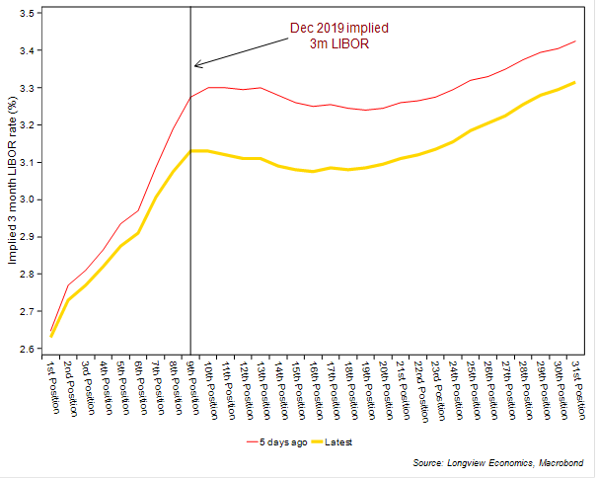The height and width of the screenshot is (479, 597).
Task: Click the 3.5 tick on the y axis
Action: [x=28, y=13]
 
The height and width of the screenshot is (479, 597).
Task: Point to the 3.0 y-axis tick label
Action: [x=28, y=200]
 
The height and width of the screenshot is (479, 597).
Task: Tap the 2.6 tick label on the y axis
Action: [x=28, y=349]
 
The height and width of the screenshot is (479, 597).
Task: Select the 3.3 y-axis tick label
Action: [x=28, y=88]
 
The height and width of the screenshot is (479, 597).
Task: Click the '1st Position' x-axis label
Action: [x=50, y=386]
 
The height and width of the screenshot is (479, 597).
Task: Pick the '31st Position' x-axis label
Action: [x=576, y=389]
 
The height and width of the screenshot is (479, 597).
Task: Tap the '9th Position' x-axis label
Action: [x=190, y=386]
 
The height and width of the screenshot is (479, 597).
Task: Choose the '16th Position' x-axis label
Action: [x=313, y=389]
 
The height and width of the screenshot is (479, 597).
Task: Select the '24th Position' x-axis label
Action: [x=453, y=389]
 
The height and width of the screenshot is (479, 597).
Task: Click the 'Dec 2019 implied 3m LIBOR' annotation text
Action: [x=335, y=36]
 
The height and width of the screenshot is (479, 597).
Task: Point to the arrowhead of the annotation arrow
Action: [x=195, y=66]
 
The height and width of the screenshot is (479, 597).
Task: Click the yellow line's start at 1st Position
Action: [x=51, y=337]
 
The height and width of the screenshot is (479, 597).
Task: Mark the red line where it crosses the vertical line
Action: [x=190, y=97]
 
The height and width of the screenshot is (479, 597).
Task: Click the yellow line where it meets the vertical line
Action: [x=190, y=151]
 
